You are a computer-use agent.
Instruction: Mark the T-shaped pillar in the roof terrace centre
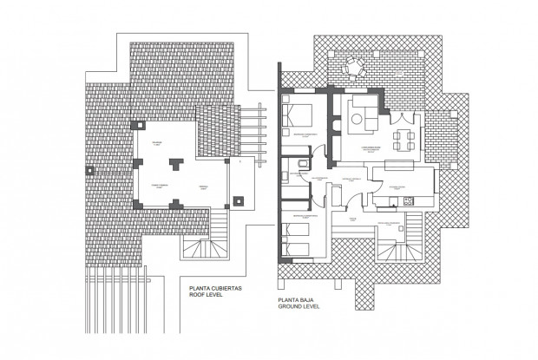[x=176, y=162]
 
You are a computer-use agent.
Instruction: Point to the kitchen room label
[x=400, y=187]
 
